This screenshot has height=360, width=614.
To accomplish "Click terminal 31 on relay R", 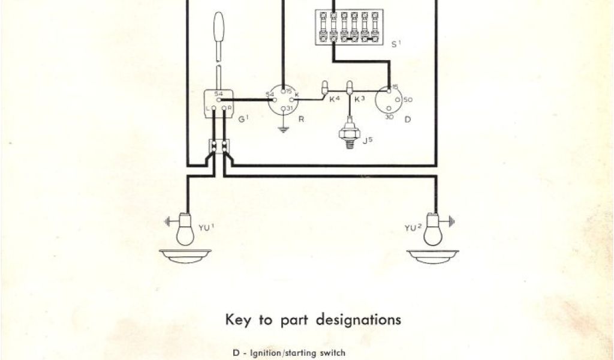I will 282,107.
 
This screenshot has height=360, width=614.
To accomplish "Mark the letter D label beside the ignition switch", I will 408,119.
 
